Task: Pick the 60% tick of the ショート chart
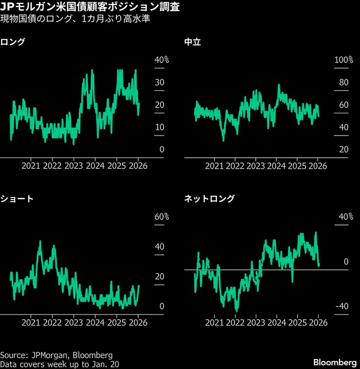pos(161,217)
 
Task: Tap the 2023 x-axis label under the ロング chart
pos(74,166)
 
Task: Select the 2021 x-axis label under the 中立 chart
pos(214,166)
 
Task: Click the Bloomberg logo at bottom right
pos(335,362)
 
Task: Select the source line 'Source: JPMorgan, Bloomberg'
pos(57,355)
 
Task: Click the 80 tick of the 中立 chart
pos(344,83)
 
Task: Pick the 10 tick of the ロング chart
pos(159,127)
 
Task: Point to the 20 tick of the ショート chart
pos(159,276)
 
